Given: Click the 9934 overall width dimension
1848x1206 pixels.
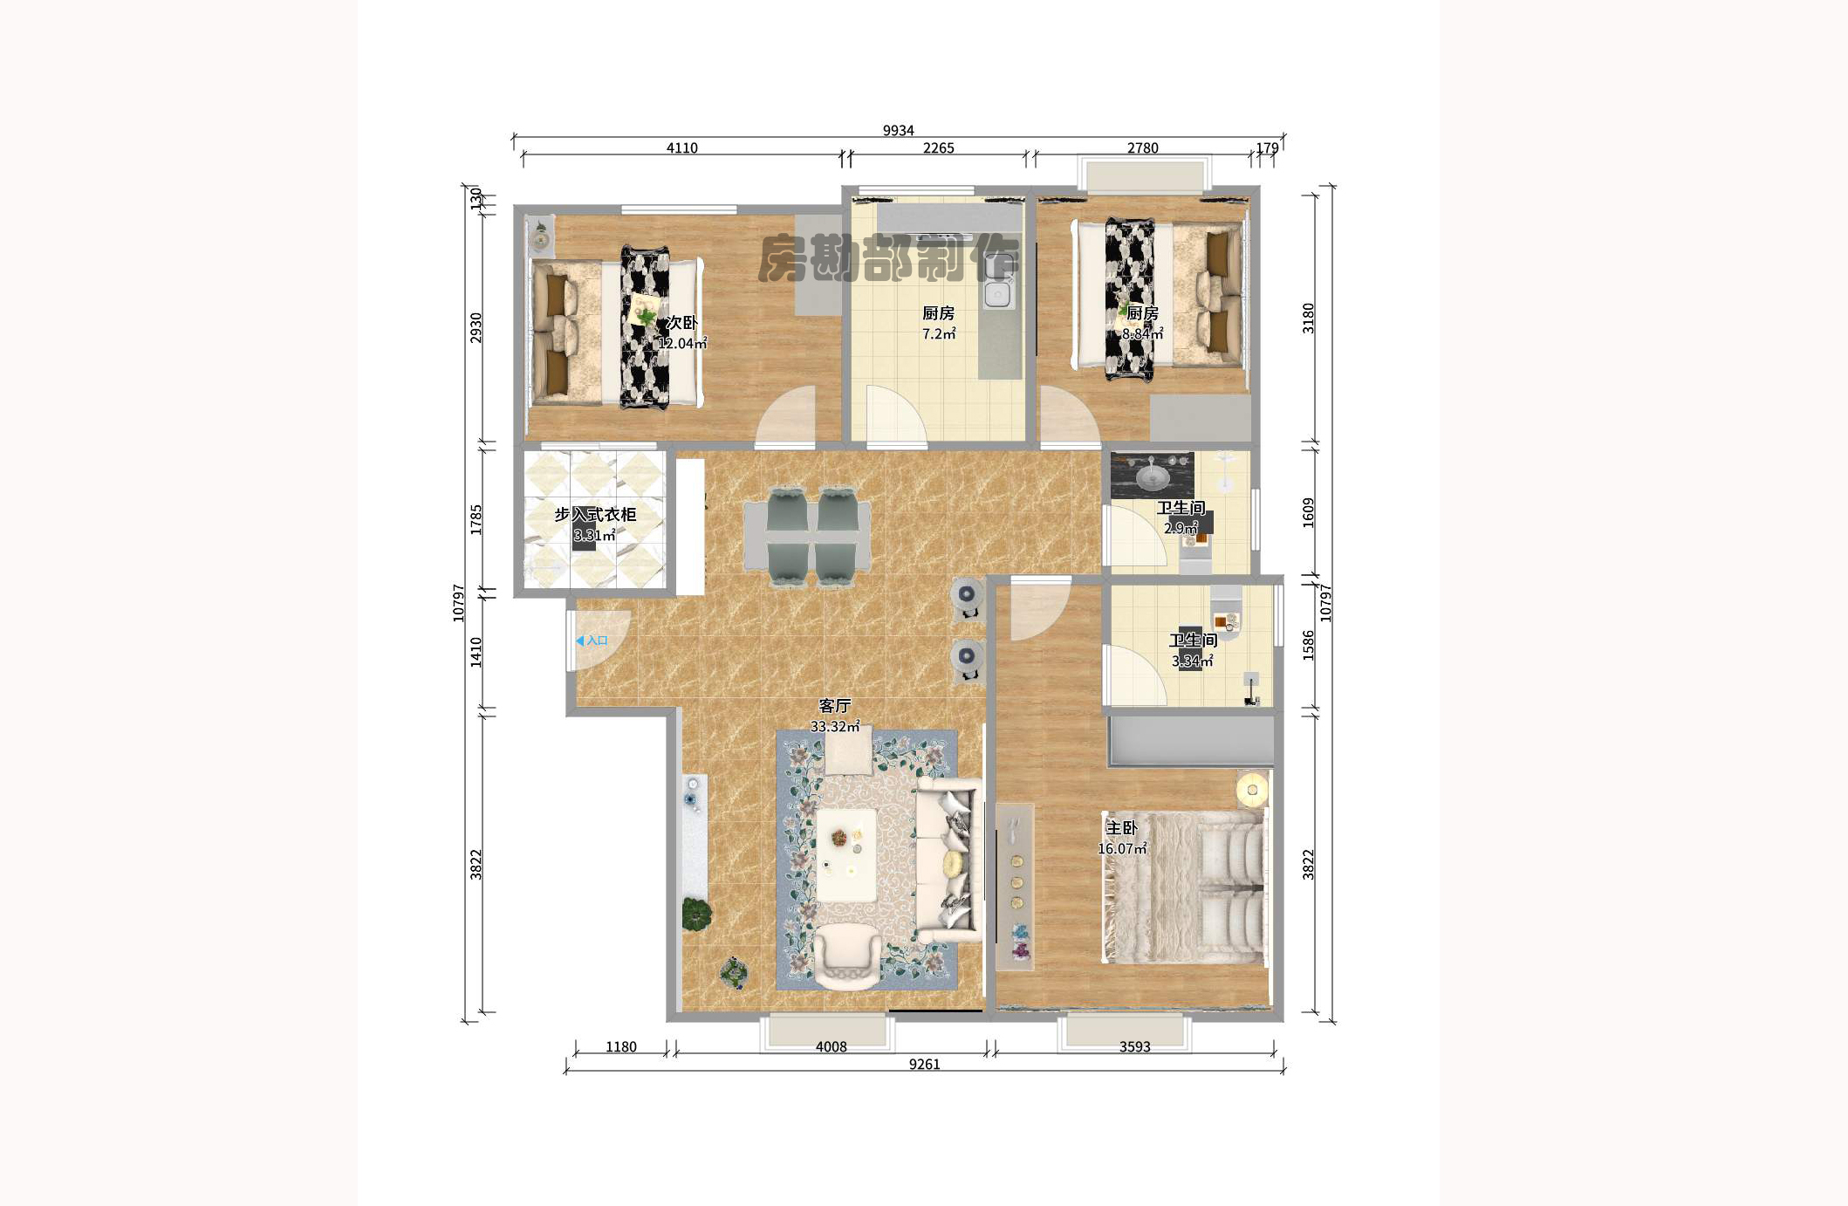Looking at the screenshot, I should (x=898, y=131).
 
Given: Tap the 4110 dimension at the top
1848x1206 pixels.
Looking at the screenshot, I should (x=681, y=148).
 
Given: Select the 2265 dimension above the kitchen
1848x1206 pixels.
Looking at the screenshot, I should (x=938, y=148).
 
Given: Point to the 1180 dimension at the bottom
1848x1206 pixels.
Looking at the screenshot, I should (x=620, y=1046).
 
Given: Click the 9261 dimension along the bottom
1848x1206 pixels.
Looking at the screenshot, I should (x=924, y=1064).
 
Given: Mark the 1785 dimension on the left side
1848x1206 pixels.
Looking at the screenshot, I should (x=476, y=519).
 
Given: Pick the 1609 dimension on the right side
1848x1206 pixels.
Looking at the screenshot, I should (x=1308, y=512).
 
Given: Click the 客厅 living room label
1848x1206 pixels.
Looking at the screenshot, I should (x=834, y=705).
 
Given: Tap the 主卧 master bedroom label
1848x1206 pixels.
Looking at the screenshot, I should (x=1121, y=827).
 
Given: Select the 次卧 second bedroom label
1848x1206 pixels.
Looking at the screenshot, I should (x=681, y=323).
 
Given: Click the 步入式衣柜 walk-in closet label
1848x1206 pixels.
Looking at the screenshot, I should (x=595, y=515).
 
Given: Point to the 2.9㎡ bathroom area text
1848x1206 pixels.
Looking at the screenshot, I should (x=1181, y=528).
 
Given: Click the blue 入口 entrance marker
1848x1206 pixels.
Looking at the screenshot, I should (x=592, y=641).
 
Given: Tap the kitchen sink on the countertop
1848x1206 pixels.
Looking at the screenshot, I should (x=997, y=295).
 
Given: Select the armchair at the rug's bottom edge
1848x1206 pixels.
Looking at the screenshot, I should (x=846, y=958).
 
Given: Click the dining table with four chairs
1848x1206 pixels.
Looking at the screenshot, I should (x=807, y=538).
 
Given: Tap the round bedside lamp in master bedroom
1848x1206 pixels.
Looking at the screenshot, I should (x=1252, y=790).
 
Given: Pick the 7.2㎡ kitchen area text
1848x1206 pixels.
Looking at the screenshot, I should (x=938, y=334).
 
